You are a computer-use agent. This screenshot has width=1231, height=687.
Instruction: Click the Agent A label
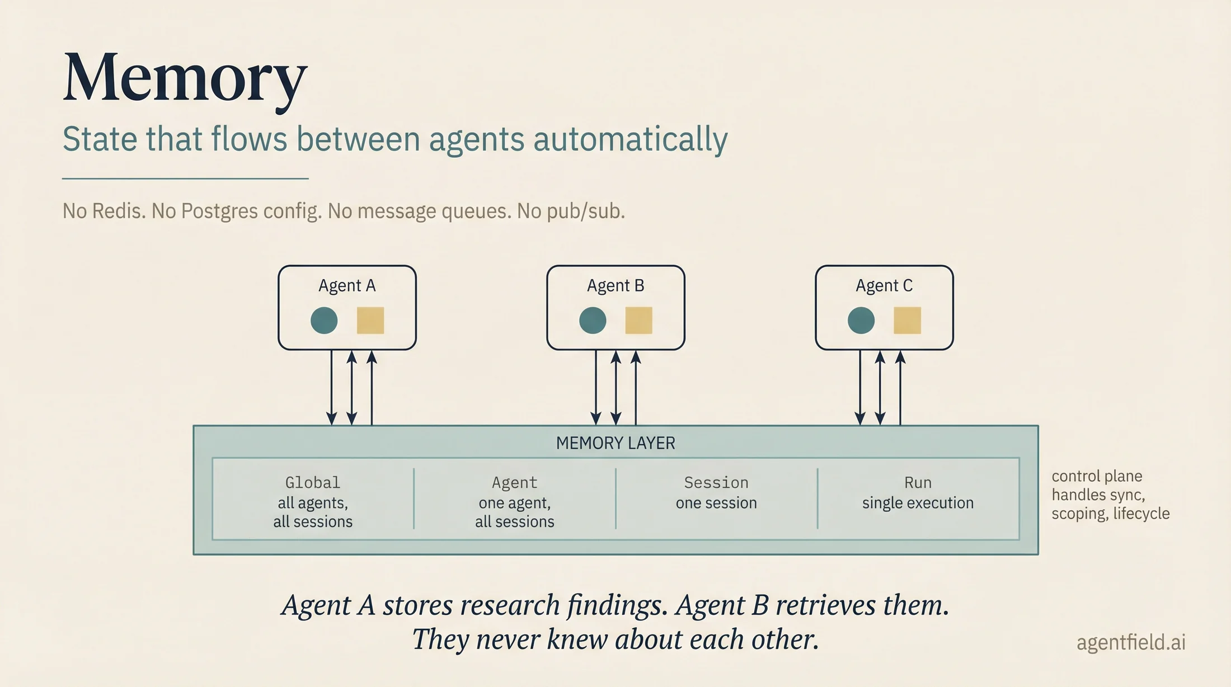(x=347, y=286)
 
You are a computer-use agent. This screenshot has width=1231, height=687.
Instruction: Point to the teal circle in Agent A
(x=324, y=321)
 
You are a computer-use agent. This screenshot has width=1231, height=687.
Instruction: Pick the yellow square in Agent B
(x=638, y=321)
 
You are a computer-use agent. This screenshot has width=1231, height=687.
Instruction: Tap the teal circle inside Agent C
(x=861, y=321)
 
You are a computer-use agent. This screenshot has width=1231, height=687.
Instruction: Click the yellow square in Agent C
(x=907, y=321)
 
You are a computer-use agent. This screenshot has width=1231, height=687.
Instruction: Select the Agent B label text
(x=615, y=286)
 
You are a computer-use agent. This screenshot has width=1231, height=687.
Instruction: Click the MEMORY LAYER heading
(x=615, y=443)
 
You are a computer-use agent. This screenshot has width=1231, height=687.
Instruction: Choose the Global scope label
(x=313, y=482)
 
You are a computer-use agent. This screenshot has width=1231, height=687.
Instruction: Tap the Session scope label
(x=716, y=482)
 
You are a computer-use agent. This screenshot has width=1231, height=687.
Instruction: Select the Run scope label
(x=918, y=482)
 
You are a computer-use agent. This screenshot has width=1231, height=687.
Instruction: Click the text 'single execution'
(x=918, y=503)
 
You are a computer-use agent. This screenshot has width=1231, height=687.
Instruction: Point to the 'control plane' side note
(x=1097, y=476)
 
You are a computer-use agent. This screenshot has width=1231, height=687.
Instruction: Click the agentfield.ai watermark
(x=1131, y=643)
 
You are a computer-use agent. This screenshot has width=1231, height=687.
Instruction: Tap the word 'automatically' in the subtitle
(x=631, y=139)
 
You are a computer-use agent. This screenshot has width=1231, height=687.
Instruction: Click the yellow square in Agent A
(x=370, y=321)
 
